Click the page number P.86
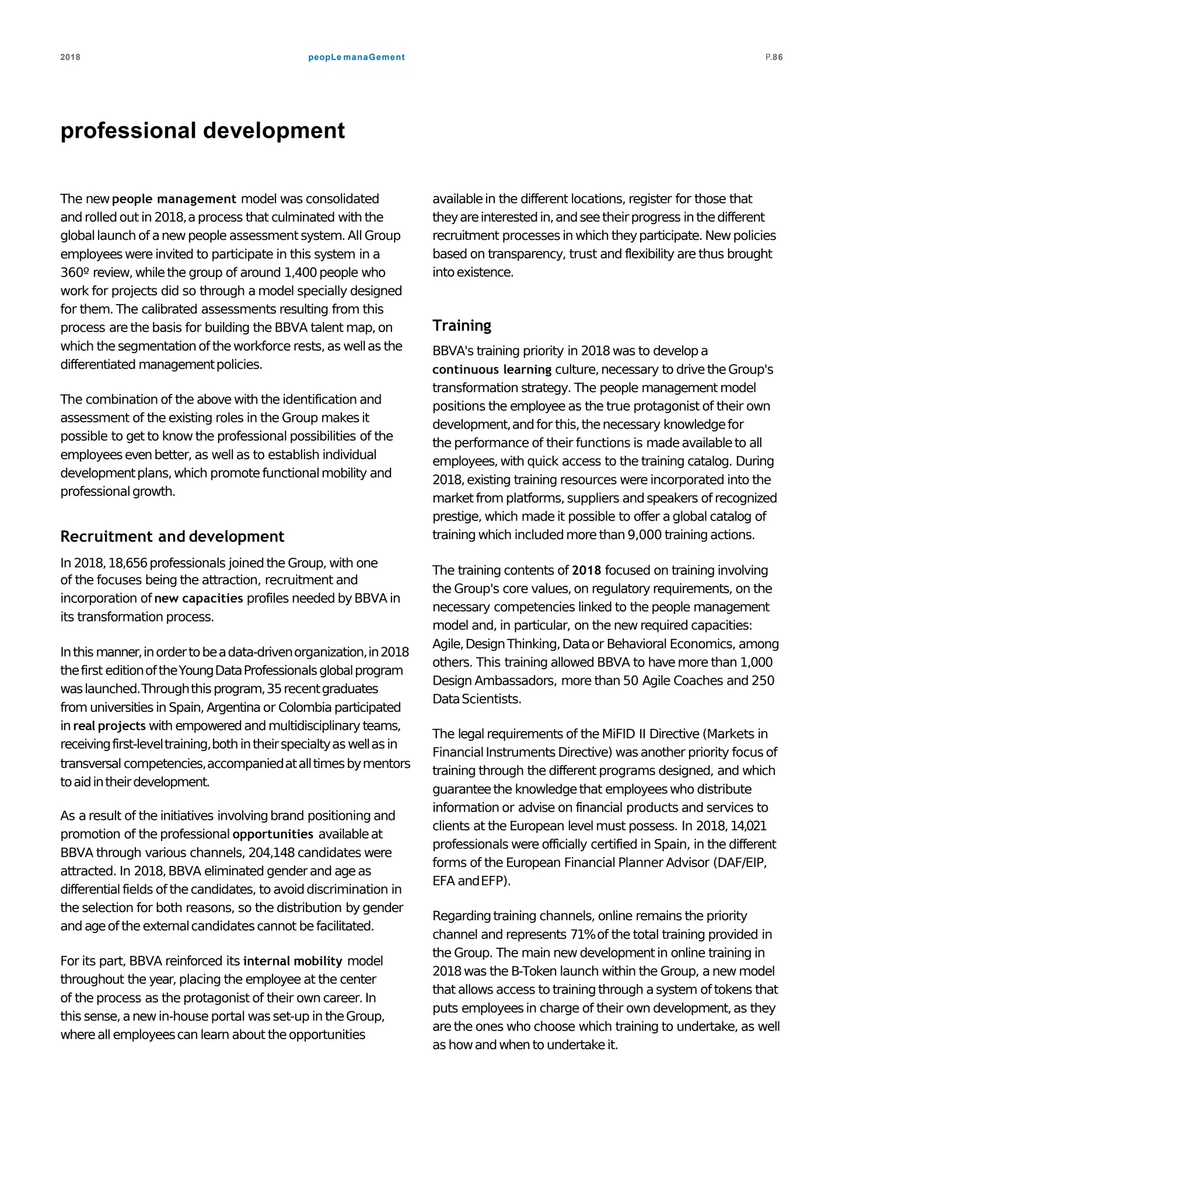tap(774, 57)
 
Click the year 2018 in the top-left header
tap(70, 57)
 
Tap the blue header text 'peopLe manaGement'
tap(357, 57)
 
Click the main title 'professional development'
tap(202, 131)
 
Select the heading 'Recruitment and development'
tap(172, 536)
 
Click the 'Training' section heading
tap(462, 326)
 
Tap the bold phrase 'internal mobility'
tap(292, 960)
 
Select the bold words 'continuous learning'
tap(492, 369)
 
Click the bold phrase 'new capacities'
tap(198, 598)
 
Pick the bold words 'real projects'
tap(110, 725)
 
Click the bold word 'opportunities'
tap(272, 834)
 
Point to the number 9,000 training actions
tap(645, 534)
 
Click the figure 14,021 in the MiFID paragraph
tap(749, 826)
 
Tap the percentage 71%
tap(583, 934)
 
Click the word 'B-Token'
tap(534, 971)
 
